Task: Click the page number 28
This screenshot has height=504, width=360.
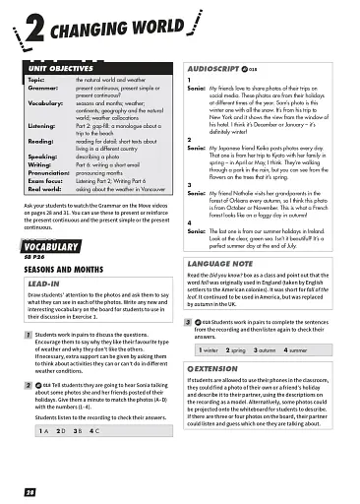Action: (30, 489)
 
